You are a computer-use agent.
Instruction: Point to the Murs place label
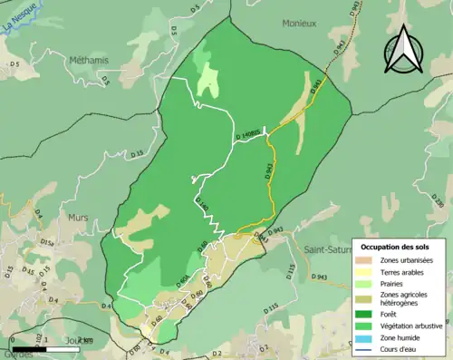[78, 218]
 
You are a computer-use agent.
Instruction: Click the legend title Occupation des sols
[395, 247]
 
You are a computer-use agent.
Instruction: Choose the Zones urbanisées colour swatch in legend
[367, 260]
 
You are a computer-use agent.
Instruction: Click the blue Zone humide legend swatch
[367, 336]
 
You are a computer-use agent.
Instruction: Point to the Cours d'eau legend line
[367, 347]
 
